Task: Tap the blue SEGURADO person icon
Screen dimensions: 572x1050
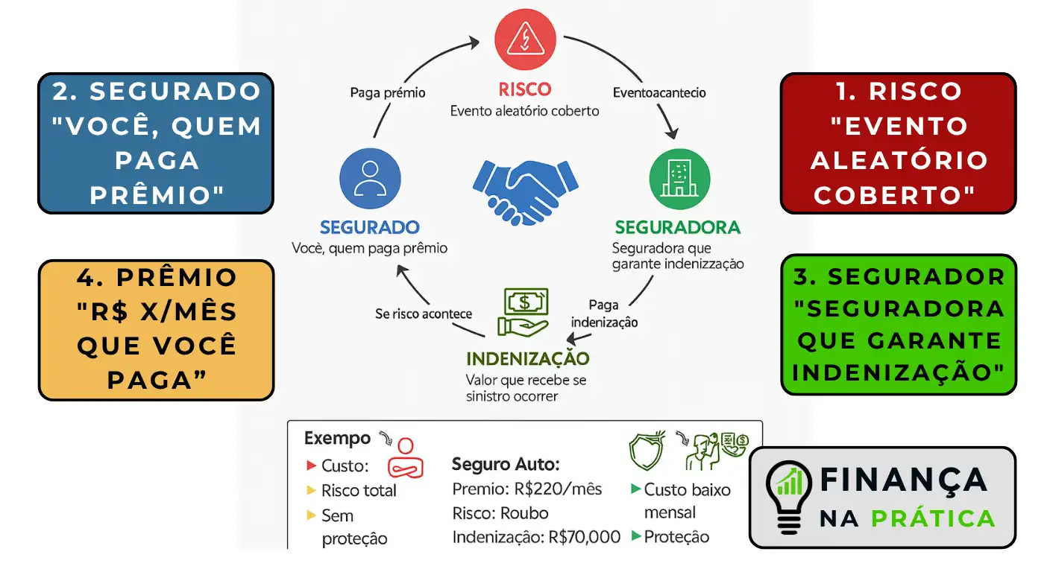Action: click(x=370, y=179)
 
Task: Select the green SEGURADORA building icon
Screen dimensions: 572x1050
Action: click(x=679, y=179)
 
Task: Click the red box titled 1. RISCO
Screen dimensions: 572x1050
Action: click(x=898, y=143)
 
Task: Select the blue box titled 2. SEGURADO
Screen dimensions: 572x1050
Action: click(x=156, y=143)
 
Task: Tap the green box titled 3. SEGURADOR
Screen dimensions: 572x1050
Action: click(x=898, y=324)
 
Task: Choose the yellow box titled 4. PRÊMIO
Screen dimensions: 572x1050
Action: click(x=156, y=329)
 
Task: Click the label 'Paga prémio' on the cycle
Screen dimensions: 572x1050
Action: click(x=388, y=93)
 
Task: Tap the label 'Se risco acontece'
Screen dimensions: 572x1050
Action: click(x=423, y=314)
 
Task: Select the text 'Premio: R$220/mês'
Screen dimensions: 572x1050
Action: click(x=526, y=489)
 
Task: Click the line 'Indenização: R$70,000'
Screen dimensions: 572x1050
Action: click(x=536, y=537)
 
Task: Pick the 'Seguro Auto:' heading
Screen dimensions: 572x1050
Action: click(x=506, y=465)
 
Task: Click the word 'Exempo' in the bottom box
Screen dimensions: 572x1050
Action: click(x=337, y=438)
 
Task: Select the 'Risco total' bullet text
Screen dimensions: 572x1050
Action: click(x=359, y=491)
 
